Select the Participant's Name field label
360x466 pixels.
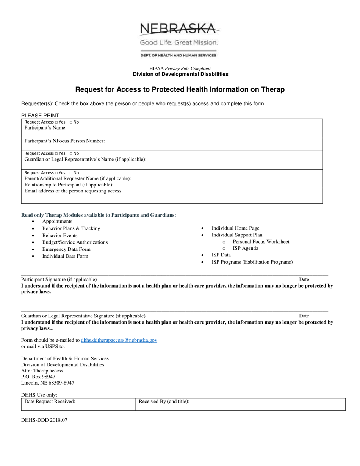point(45,128)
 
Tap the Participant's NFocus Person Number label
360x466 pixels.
point(64,141)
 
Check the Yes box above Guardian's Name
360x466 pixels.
point(56,153)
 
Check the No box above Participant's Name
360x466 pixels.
point(71,122)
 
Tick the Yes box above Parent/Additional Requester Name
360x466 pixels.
point(56,173)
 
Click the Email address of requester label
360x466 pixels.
point(74,191)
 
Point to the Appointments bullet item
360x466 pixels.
point(57,221)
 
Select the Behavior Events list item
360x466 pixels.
point(59,235)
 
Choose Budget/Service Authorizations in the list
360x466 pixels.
point(75,242)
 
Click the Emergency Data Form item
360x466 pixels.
point(66,249)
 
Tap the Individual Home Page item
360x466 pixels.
point(235,228)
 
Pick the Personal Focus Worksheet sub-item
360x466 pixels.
point(261,242)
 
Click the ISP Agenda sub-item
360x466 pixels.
point(246,248)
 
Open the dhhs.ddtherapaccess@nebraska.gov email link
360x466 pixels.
point(119,340)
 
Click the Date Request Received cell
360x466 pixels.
point(78,404)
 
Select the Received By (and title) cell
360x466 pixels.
point(240,404)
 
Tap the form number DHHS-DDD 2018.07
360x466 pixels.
point(44,420)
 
